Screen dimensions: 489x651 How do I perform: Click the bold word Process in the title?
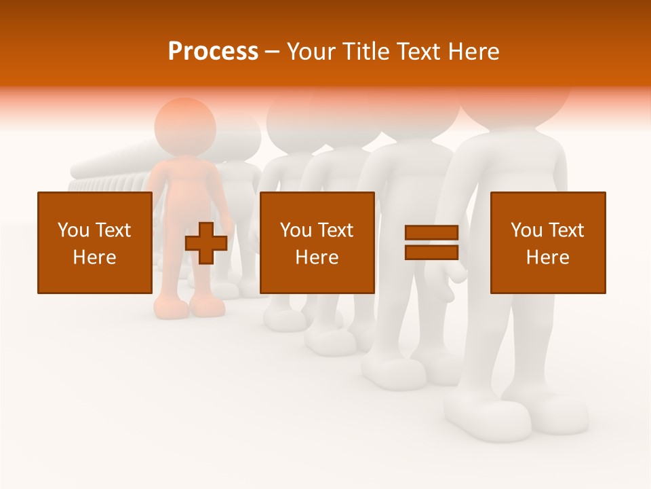213,51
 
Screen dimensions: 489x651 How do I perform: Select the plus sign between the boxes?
206,243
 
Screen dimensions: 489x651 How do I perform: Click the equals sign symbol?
431,242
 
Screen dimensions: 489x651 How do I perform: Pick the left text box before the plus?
94,242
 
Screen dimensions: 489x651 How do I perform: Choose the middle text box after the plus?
317,242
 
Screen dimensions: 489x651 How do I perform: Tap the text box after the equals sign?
547,242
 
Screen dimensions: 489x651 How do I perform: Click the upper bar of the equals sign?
431,233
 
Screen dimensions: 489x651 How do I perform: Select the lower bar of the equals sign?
431,252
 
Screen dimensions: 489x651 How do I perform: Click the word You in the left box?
73,230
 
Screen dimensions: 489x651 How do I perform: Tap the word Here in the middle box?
317,257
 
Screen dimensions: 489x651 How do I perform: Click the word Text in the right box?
566,230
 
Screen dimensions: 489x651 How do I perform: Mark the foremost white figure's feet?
515,414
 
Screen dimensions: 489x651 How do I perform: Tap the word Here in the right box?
547,257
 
